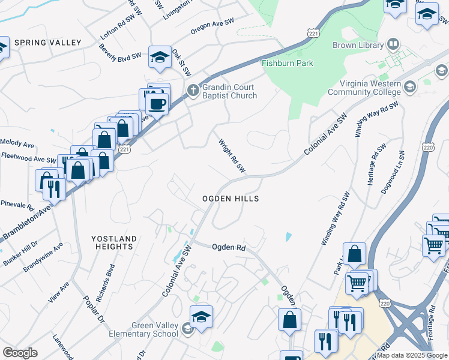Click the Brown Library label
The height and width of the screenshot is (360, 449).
(358, 45)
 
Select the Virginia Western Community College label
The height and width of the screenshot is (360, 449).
(364, 88)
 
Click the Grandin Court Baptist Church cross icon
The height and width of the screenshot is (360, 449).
(193, 91)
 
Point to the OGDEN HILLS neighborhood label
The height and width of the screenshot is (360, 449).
(230, 199)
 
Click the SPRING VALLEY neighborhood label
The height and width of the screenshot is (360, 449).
(47, 43)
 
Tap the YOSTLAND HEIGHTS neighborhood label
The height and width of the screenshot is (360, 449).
(113, 242)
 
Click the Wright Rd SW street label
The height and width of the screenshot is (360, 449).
(232, 157)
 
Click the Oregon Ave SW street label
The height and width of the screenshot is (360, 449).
(212, 26)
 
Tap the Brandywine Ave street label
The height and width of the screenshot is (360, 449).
(43, 258)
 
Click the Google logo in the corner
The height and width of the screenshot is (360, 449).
(20, 353)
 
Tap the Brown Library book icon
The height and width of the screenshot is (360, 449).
(393, 44)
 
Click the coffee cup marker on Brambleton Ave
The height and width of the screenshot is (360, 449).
(157, 104)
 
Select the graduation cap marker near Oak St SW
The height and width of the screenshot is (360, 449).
(160, 57)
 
